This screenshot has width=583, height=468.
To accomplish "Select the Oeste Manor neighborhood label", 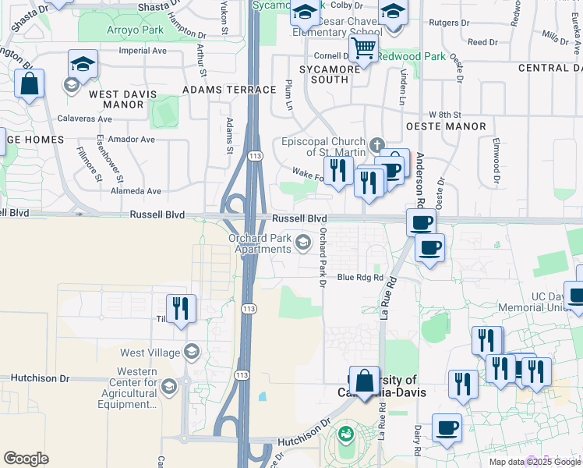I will (x=446, y=126).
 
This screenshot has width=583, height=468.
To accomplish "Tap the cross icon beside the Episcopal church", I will (x=377, y=144).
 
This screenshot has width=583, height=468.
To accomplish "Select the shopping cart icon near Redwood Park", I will (x=362, y=48).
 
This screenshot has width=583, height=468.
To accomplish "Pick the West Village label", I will (x=150, y=353).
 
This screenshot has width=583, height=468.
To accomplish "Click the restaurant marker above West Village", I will (x=181, y=307).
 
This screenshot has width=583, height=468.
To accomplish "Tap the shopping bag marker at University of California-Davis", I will (x=364, y=382).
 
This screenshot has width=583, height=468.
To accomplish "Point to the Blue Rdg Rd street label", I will (x=360, y=277).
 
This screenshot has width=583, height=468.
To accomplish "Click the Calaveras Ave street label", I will (x=85, y=119).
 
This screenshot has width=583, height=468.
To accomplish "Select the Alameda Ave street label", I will (x=136, y=190).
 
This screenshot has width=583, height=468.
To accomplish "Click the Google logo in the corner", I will (x=26, y=459).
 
